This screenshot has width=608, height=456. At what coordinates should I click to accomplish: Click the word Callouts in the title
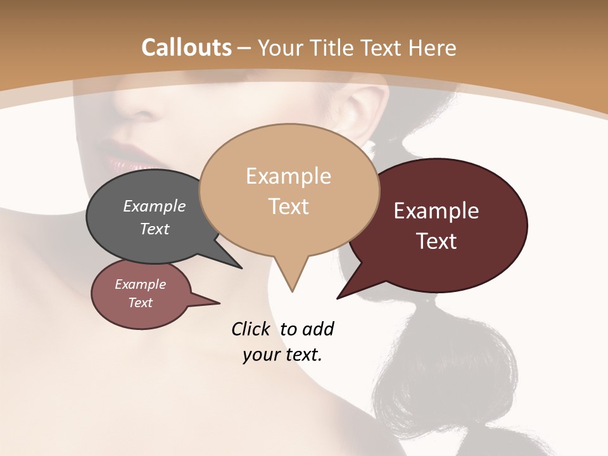coord(186,47)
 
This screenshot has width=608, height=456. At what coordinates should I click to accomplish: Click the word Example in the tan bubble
coord(288,176)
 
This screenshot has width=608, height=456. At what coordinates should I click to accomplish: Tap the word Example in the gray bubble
coord(155,206)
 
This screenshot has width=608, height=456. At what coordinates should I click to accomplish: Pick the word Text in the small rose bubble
coord(140,303)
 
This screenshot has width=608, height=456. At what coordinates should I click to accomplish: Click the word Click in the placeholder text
coord(250,329)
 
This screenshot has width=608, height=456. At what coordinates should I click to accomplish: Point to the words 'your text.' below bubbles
coord(282,355)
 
